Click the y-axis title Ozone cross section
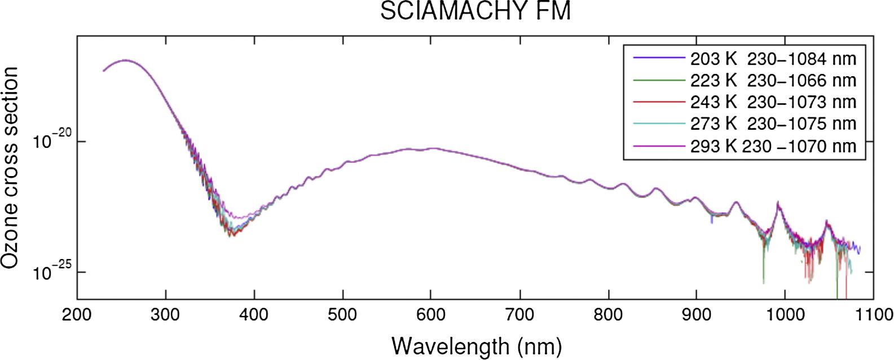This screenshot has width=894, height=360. pyautogui.click(x=10, y=168)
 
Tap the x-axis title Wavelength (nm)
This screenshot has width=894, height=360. pyautogui.click(x=477, y=345)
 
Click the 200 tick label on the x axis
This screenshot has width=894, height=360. pyautogui.click(x=77, y=314)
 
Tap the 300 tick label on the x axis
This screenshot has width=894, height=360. pyautogui.click(x=165, y=314)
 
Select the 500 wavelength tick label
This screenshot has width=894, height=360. pyautogui.click(x=342, y=314)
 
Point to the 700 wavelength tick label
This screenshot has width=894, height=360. pyautogui.click(x=519, y=314)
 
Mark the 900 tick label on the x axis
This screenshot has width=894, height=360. pyautogui.click(x=697, y=314)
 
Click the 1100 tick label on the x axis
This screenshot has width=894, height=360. pyautogui.click(x=873, y=314)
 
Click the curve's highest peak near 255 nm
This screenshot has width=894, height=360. pyautogui.click(x=125, y=60)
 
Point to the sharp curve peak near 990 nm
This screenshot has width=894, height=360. pyautogui.click(x=778, y=202)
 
